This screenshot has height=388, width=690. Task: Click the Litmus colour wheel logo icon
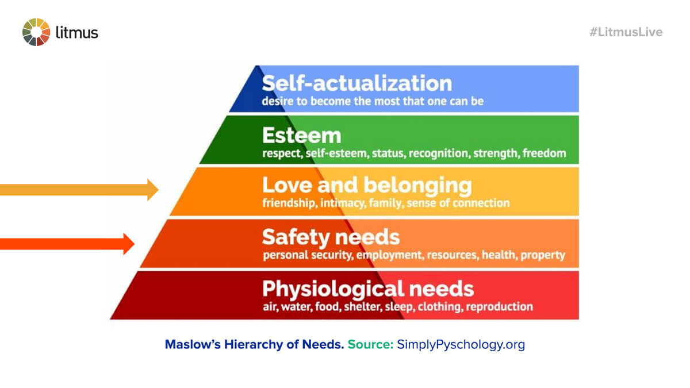pyautogui.click(x=36, y=32)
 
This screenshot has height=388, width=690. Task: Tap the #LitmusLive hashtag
pyautogui.click(x=626, y=32)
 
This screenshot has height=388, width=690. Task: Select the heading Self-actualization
pyautogui.click(x=356, y=83)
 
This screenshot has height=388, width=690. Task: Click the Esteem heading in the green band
pyautogui.click(x=301, y=136)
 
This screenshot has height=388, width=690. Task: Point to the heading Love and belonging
pyautogui.click(x=366, y=185)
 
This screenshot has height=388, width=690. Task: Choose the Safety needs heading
pyautogui.click(x=330, y=237)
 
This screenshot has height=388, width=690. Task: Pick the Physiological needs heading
pyautogui.click(x=367, y=287)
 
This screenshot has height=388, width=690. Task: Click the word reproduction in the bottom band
pyautogui.click(x=499, y=306)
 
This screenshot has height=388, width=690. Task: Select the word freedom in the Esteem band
pyautogui.click(x=544, y=153)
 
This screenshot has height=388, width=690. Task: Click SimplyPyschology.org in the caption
pyautogui.click(x=461, y=345)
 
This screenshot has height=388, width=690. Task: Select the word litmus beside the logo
pyautogui.click(x=77, y=32)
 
